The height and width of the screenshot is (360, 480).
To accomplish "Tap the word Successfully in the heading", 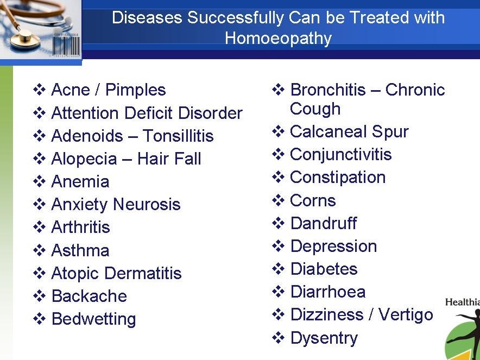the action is [236, 18].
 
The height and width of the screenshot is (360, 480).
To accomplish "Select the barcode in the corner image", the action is [66, 45].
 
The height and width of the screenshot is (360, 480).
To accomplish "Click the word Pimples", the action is [135, 90].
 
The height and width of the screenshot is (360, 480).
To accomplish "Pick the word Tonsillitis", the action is [178, 136].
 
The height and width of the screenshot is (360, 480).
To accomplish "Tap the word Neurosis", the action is [147, 204].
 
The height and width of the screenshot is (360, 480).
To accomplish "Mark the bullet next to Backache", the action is [40, 296].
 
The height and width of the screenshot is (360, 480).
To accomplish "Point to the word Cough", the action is [315, 109].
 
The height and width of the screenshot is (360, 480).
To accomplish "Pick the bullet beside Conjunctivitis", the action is [278, 154].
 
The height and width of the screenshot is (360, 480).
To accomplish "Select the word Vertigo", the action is [406, 315].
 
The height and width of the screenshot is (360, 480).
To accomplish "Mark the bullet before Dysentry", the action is [278, 338].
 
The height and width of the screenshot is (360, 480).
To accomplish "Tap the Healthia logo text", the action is [463, 302].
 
